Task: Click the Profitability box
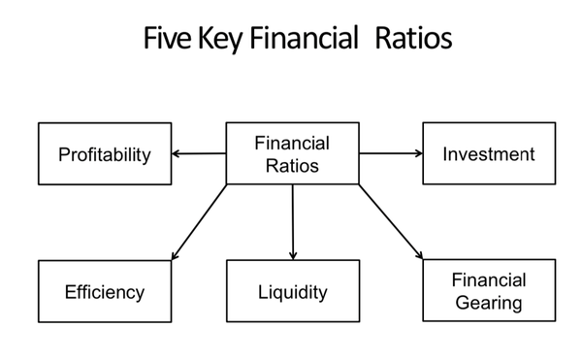tap(105, 153)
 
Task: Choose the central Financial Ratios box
tap(292, 153)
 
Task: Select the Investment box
tap(489, 153)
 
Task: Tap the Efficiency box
tap(105, 291)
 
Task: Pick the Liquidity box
tap(292, 291)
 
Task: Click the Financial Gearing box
tap(489, 291)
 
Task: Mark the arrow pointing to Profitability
tap(198, 153)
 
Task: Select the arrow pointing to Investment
tap(391, 153)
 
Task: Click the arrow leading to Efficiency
tap(200, 221)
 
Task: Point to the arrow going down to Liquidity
tap(292, 221)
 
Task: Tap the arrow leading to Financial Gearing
tap(391, 221)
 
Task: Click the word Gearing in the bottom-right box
tap(489, 303)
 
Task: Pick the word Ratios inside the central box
tap(292, 164)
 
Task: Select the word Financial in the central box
tap(292, 143)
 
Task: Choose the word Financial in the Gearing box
tap(489, 280)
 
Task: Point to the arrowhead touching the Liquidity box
tap(292, 254)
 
